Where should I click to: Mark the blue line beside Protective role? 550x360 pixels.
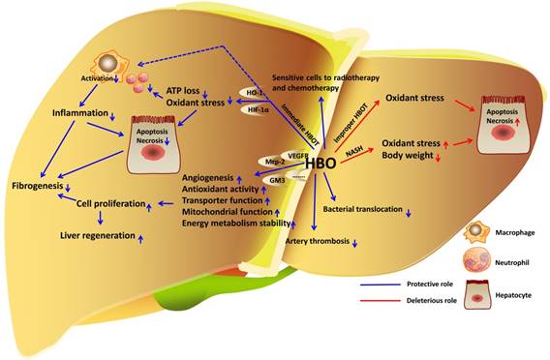coord(381,285)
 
